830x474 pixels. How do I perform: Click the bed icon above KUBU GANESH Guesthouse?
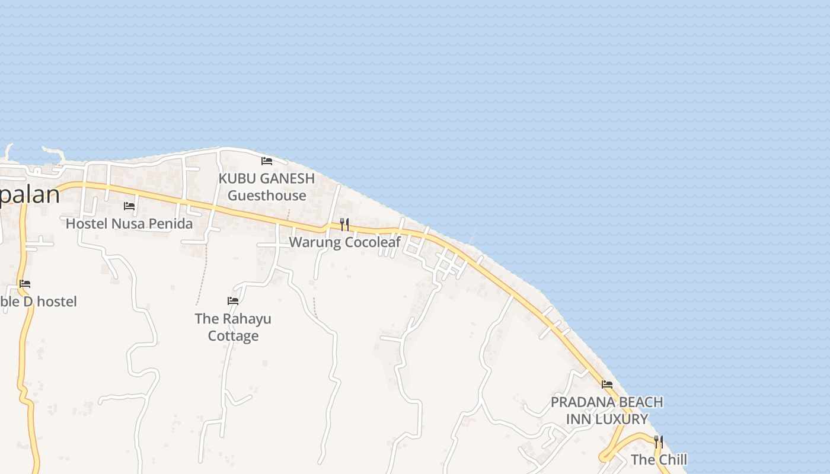[x=267, y=161]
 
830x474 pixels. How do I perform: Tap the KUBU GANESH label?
[x=266, y=178]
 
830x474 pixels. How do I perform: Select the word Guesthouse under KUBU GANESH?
[x=267, y=196]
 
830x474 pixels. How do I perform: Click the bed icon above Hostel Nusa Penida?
[x=129, y=206]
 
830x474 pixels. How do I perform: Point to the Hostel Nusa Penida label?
[x=129, y=224]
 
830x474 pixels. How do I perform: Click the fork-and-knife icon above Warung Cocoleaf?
[x=344, y=225]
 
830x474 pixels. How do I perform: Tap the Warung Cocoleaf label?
[x=344, y=242]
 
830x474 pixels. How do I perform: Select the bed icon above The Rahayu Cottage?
[x=233, y=301]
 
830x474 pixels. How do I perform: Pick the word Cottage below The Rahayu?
[x=233, y=336]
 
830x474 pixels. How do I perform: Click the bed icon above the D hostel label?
[x=25, y=284]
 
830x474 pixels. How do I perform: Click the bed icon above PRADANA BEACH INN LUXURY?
[x=607, y=385]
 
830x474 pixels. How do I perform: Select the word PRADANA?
[x=579, y=402]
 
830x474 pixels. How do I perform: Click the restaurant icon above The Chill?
[x=659, y=441]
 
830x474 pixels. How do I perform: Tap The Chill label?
[x=659, y=460]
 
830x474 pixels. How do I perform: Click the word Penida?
[x=173, y=224]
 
